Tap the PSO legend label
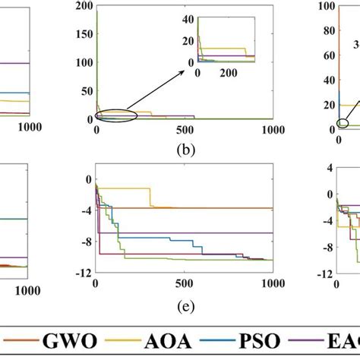[284, 342]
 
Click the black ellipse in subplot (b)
[116, 115]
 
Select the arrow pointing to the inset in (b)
[164, 90]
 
